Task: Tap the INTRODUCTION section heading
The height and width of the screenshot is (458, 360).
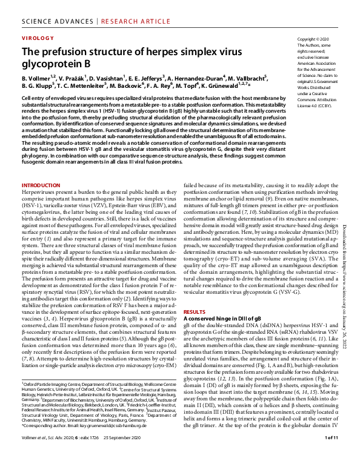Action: tap(41, 185)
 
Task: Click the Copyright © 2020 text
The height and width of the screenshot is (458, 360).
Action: tap(312, 39)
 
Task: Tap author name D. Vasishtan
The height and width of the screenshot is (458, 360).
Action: tap(106, 78)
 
